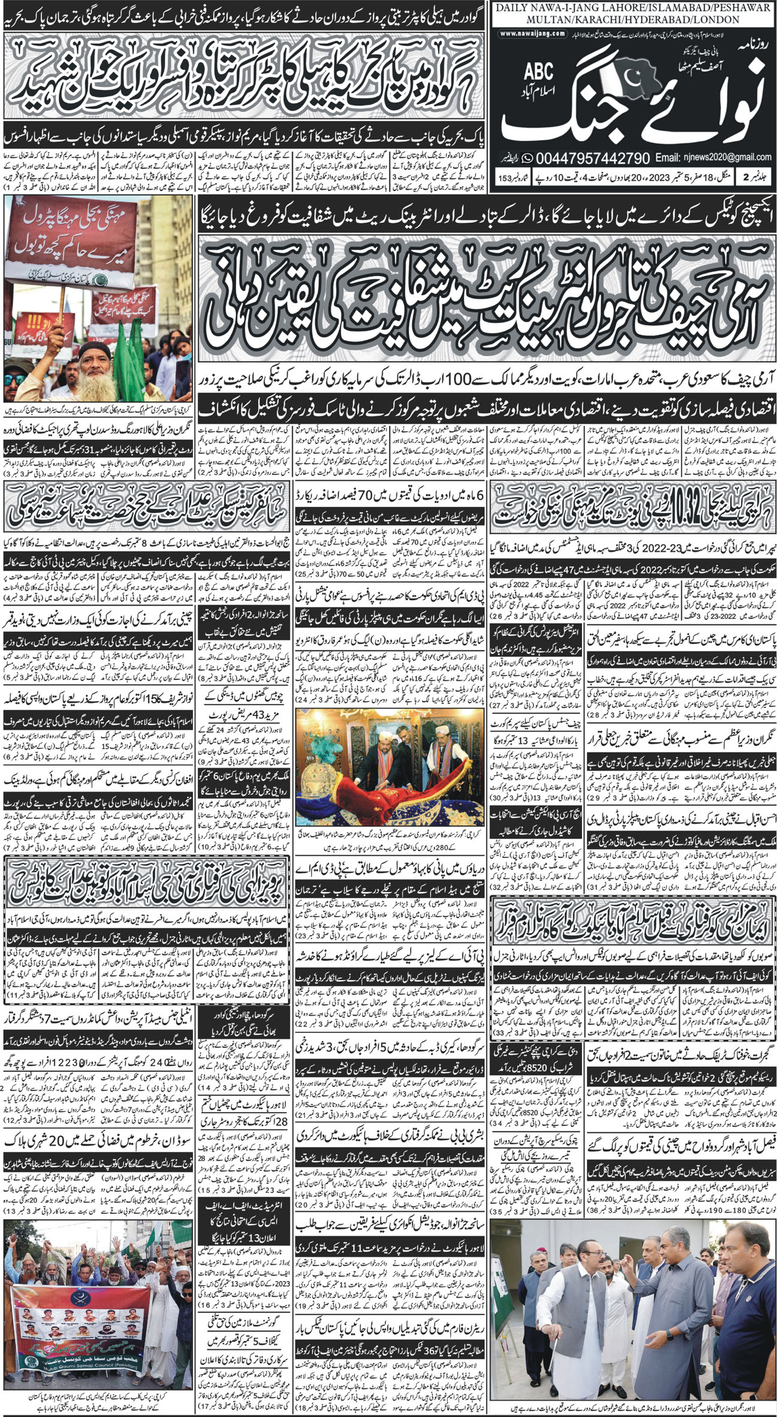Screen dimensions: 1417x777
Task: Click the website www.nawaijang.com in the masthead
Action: (x=532, y=34)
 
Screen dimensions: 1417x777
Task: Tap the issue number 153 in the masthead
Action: (x=505, y=179)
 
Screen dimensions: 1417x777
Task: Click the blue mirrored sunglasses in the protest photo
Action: (x=15, y=380)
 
